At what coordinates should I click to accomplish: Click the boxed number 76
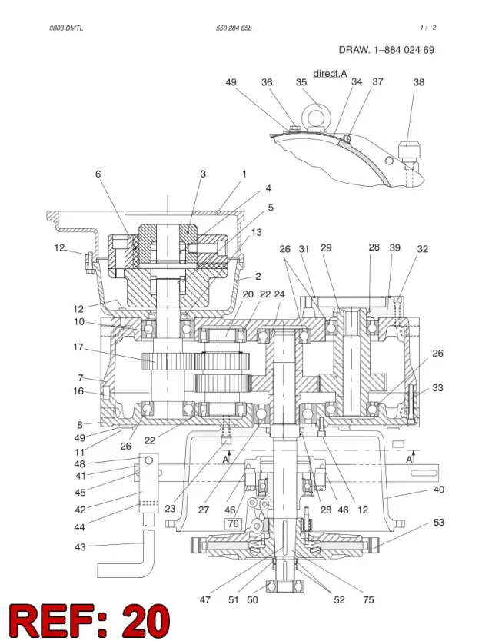click(x=233, y=523)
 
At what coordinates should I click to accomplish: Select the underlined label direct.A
click(x=330, y=74)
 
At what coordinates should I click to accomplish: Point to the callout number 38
click(x=419, y=82)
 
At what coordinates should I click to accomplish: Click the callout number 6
click(x=98, y=174)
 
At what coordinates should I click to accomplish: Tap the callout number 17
click(x=78, y=347)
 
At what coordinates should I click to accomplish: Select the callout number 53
click(x=438, y=523)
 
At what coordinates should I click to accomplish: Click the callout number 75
click(x=368, y=599)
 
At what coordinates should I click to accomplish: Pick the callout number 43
click(x=80, y=546)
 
